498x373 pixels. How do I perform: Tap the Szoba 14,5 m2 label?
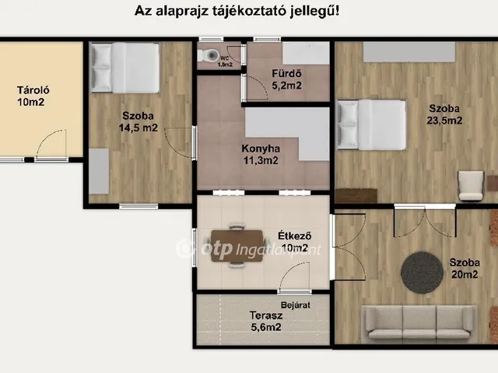pos(139,122)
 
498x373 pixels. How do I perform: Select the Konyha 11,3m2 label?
pos(260,155)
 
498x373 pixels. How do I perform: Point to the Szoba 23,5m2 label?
pos(447,114)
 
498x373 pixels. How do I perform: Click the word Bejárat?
pos(296,306)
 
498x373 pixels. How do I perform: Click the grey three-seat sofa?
pos(419,322)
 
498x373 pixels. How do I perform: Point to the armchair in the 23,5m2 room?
pos(470,185)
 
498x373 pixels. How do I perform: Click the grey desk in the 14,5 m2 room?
pos(98,172)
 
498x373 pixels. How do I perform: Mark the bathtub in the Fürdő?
pos(304,53)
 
